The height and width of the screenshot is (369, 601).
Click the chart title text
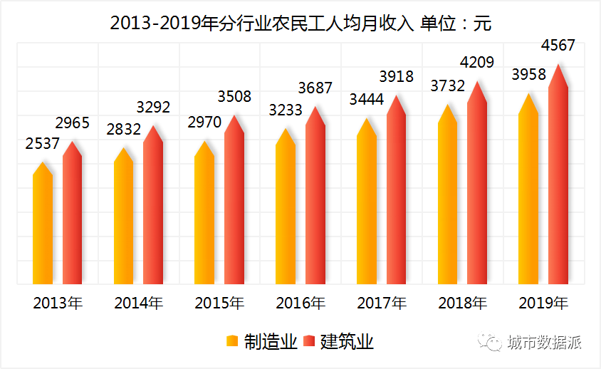300,23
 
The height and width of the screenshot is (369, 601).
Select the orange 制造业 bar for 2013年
43,228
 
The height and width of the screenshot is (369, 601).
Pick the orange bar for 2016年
286,214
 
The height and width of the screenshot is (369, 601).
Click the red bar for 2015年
234,207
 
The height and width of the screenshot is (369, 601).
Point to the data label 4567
558,46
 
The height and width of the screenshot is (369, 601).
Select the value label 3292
153,108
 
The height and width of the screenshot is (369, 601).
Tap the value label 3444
367,100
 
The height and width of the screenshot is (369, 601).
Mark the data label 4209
477,63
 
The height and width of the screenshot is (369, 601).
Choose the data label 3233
286,110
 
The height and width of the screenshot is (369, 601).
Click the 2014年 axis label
139,303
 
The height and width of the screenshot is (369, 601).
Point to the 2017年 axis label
382,303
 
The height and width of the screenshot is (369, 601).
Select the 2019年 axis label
544,303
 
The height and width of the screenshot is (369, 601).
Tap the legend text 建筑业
347,342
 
